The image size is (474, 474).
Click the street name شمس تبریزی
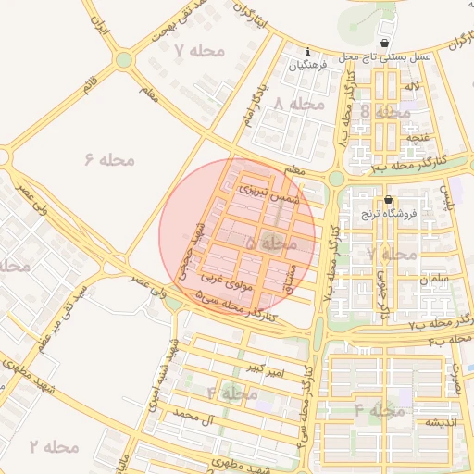pos(269,192)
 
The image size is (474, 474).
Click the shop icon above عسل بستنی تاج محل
pos(385,44)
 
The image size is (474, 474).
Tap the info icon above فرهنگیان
pos(308,52)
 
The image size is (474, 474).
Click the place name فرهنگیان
pos(308,66)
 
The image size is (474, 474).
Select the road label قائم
pos(89,88)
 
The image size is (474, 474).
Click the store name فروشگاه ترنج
pos(389,213)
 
